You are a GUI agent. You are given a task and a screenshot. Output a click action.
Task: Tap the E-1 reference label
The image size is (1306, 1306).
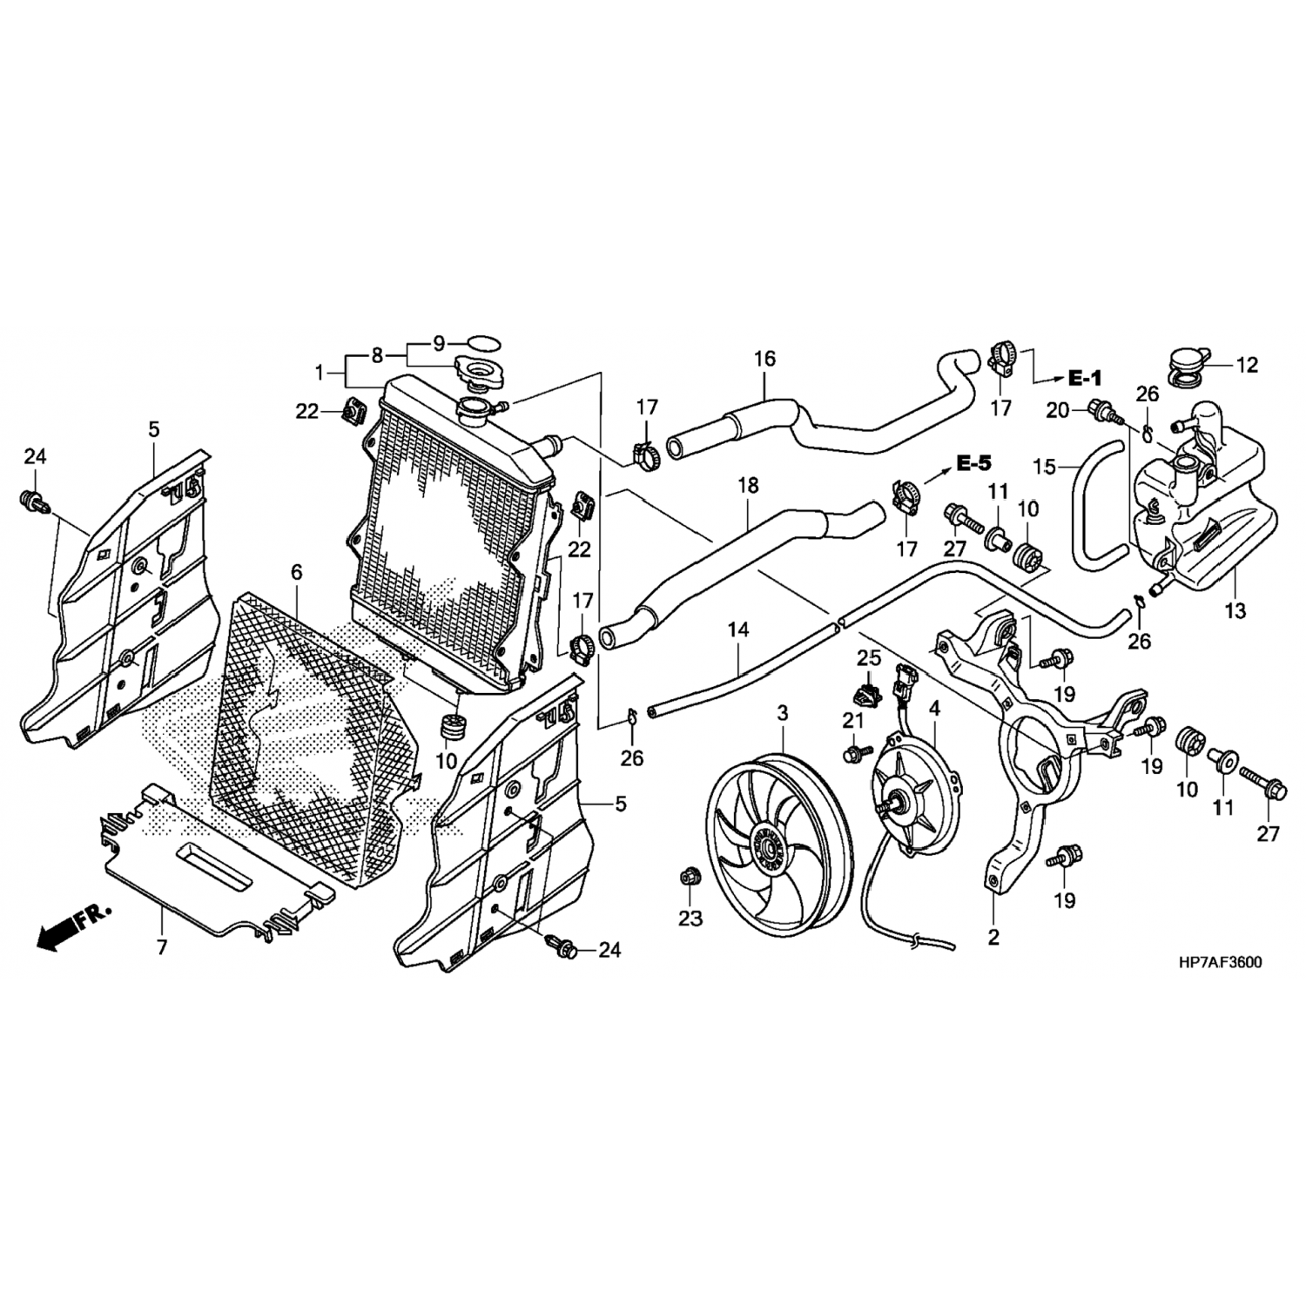(1084, 378)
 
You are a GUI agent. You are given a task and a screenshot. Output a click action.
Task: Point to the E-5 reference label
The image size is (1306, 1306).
(973, 464)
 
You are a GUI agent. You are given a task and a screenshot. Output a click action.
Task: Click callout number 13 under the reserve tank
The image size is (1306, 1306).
(1235, 611)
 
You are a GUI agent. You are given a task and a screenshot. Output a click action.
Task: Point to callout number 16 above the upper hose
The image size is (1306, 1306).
(764, 359)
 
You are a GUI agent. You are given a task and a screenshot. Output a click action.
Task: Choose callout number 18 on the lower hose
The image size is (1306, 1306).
(748, 485)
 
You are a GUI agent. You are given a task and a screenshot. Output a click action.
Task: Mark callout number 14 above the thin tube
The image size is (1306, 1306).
(738, 629)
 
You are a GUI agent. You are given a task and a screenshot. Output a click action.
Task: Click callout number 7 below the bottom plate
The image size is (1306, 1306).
(162, 946)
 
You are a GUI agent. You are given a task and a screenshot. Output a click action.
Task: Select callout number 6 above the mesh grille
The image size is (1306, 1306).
(297, 572)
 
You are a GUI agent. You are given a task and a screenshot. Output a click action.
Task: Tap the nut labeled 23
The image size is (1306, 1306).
(690, 877)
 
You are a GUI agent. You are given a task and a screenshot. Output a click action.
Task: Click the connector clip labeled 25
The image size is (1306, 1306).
(865, 693)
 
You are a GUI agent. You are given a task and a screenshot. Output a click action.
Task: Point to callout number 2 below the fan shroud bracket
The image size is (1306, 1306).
(993, 939)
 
